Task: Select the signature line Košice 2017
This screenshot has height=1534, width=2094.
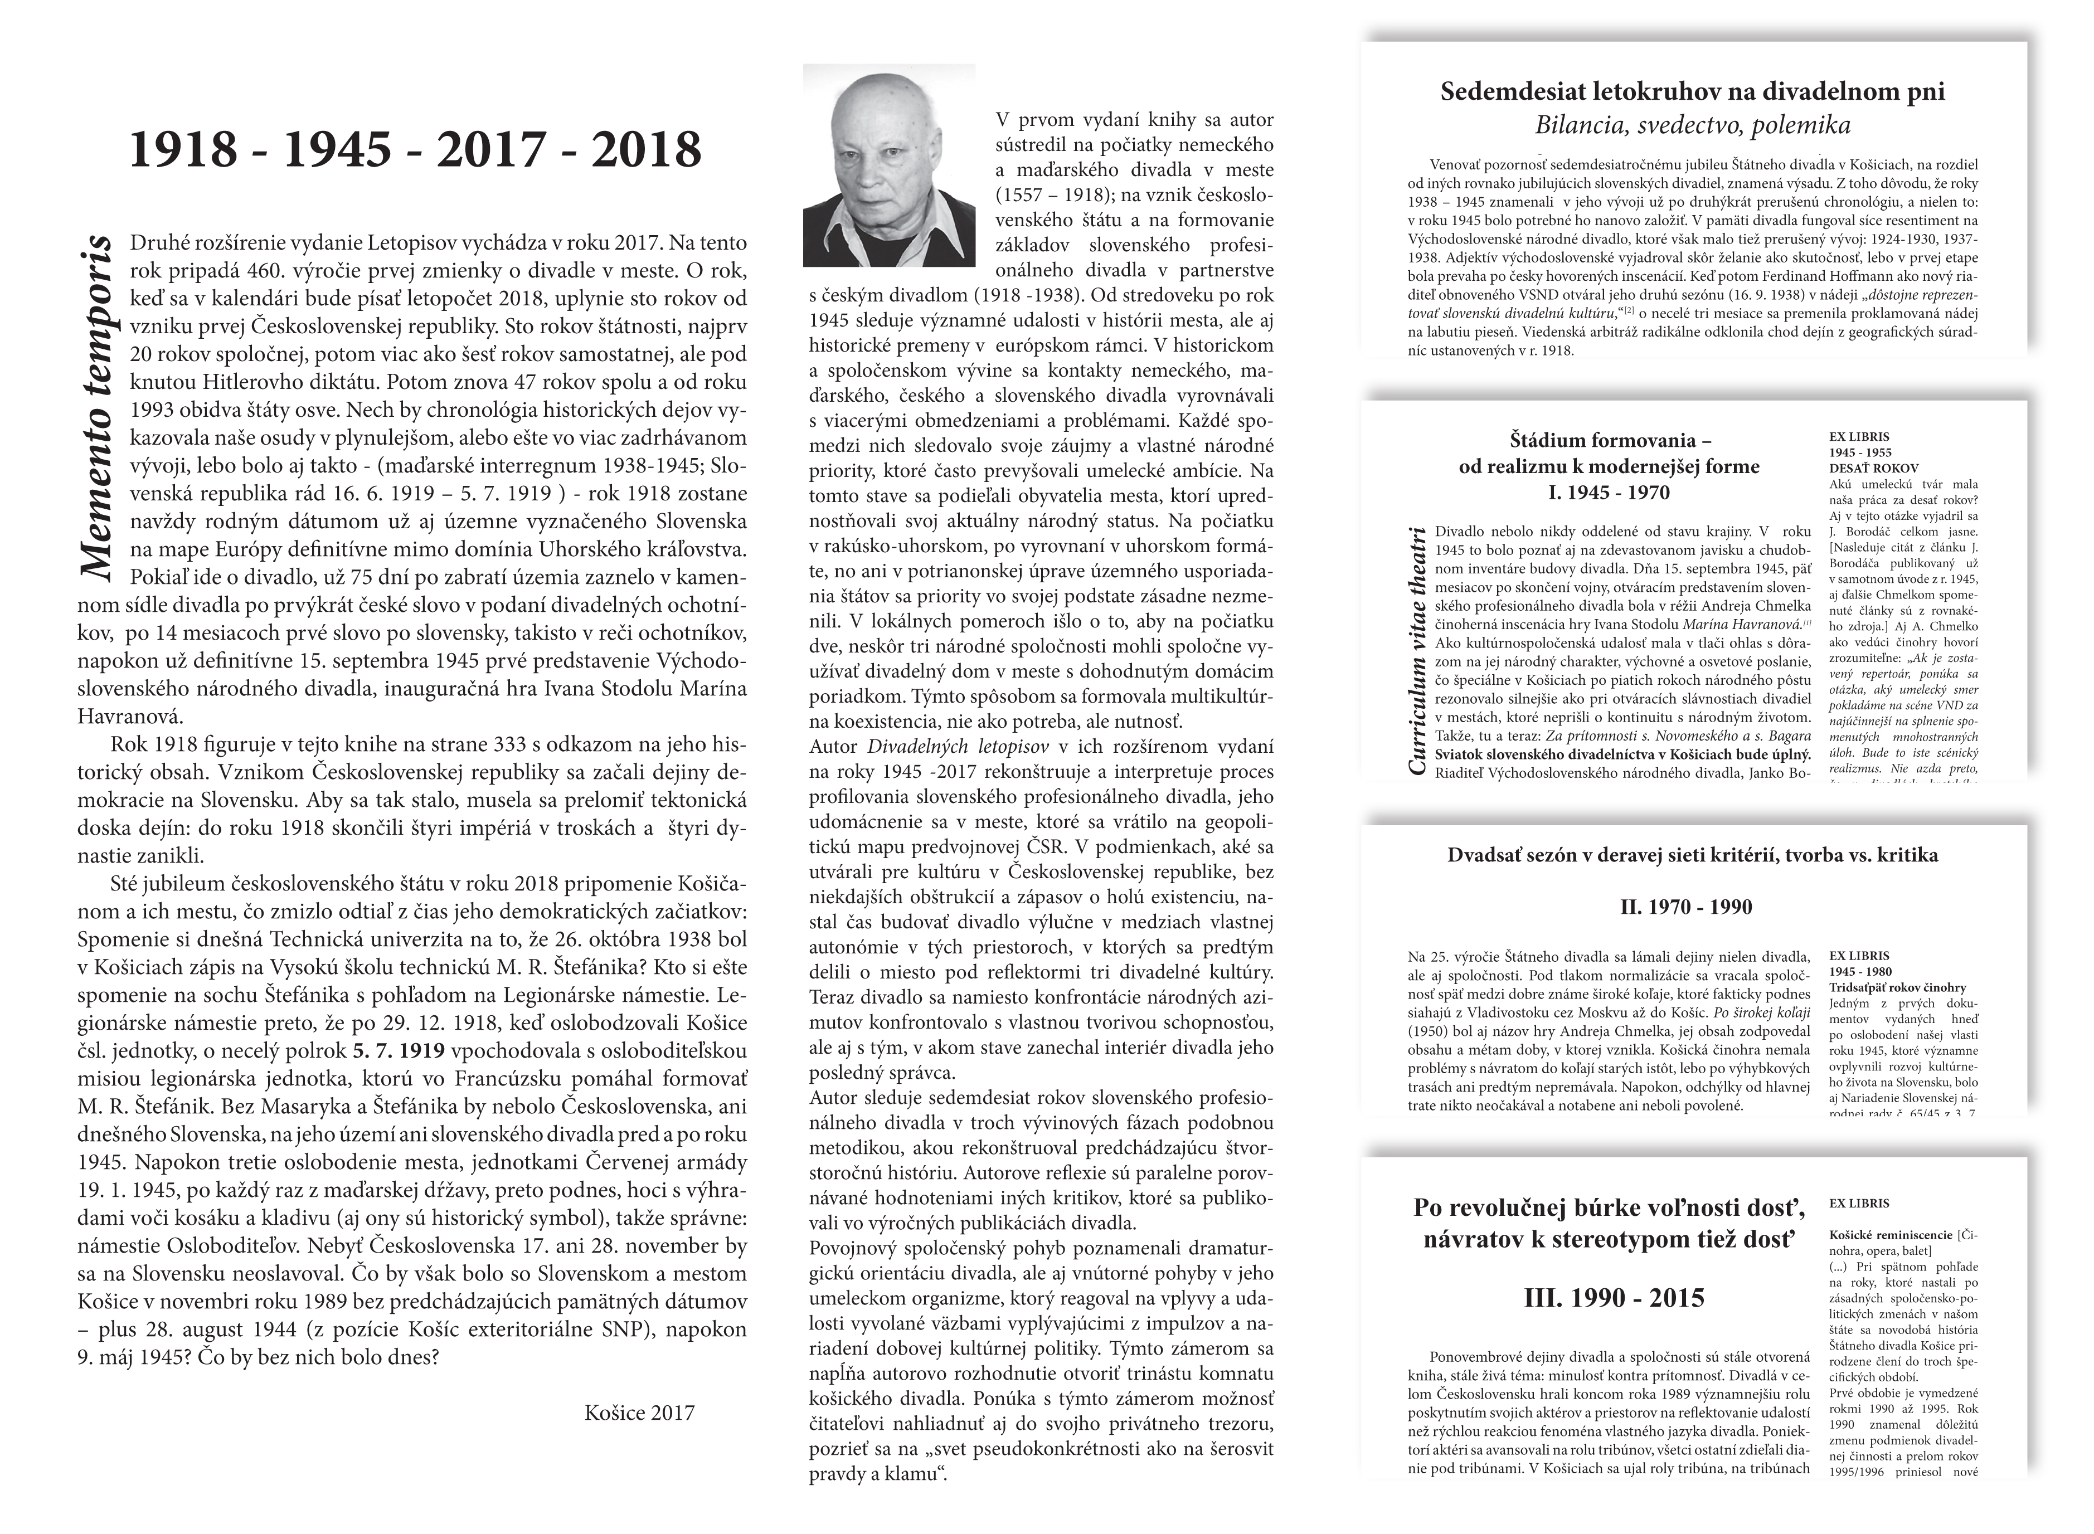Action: [640, 1413]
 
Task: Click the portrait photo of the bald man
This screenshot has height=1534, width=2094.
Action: [888, 165]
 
